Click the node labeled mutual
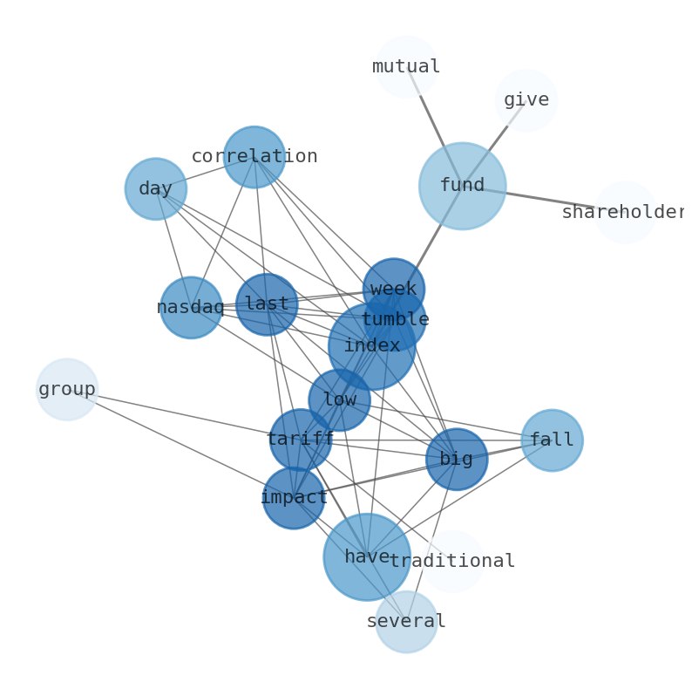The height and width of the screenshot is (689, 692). (x=406, y=66)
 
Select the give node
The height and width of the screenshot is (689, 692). (x=526, y=99)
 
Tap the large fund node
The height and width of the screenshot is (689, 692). (x=462, y=186)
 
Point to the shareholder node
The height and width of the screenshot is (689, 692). (x=625, y=212)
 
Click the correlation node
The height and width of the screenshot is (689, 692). (x=254, y=157)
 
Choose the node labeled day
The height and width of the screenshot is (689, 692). (x=156, y=188)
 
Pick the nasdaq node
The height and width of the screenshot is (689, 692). (x=191, y=307)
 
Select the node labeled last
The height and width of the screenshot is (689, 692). (x=267, y=304)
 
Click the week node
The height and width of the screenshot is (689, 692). (x=394, y=289)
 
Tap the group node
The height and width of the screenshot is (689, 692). (x=67, y=389)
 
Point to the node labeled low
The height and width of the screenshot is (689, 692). (x=340, y=400)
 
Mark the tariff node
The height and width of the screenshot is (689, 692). (x=301, y=440)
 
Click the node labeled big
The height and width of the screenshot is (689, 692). (x=457, y=459)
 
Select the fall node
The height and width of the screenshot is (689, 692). (x=552, y=440)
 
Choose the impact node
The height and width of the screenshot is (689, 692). (x=294, y=498)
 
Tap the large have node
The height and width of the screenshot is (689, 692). (x=366, y=556)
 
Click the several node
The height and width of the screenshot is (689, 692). (x=406, y=621)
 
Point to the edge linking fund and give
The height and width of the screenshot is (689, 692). (x=497, y=140)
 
